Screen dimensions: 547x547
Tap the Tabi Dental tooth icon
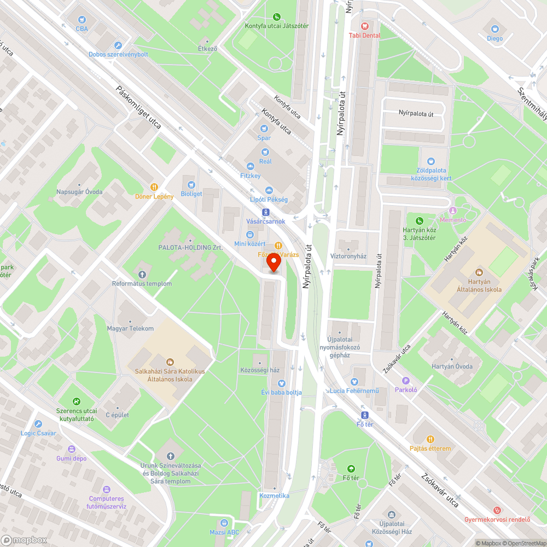365,26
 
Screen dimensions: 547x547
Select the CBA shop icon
82,19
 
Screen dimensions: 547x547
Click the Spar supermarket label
265,138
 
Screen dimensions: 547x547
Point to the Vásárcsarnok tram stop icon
266,212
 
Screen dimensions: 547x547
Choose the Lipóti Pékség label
269,200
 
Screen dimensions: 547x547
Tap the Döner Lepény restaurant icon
155,187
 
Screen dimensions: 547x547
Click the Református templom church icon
142,274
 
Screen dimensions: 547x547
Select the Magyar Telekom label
130,328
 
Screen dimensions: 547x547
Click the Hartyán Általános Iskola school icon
480,272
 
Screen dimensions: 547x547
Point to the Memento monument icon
452,211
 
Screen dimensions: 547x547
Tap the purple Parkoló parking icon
406,381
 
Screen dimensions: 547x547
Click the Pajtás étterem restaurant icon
430,439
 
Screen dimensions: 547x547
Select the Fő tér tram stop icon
365,415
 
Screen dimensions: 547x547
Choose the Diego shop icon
495,29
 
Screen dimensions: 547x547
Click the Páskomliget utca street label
138,107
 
